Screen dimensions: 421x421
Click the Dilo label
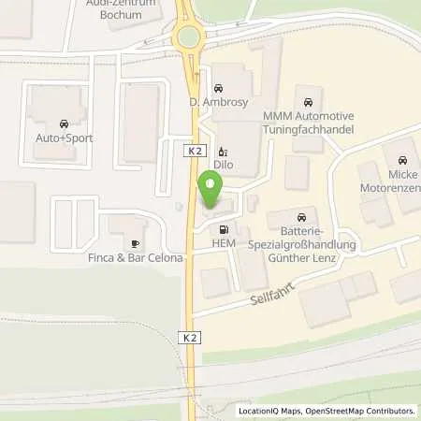click(x=223, y=165)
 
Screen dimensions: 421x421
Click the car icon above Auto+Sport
click(x=64, y=123)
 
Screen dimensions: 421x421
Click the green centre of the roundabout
click(x=189, y=37)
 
